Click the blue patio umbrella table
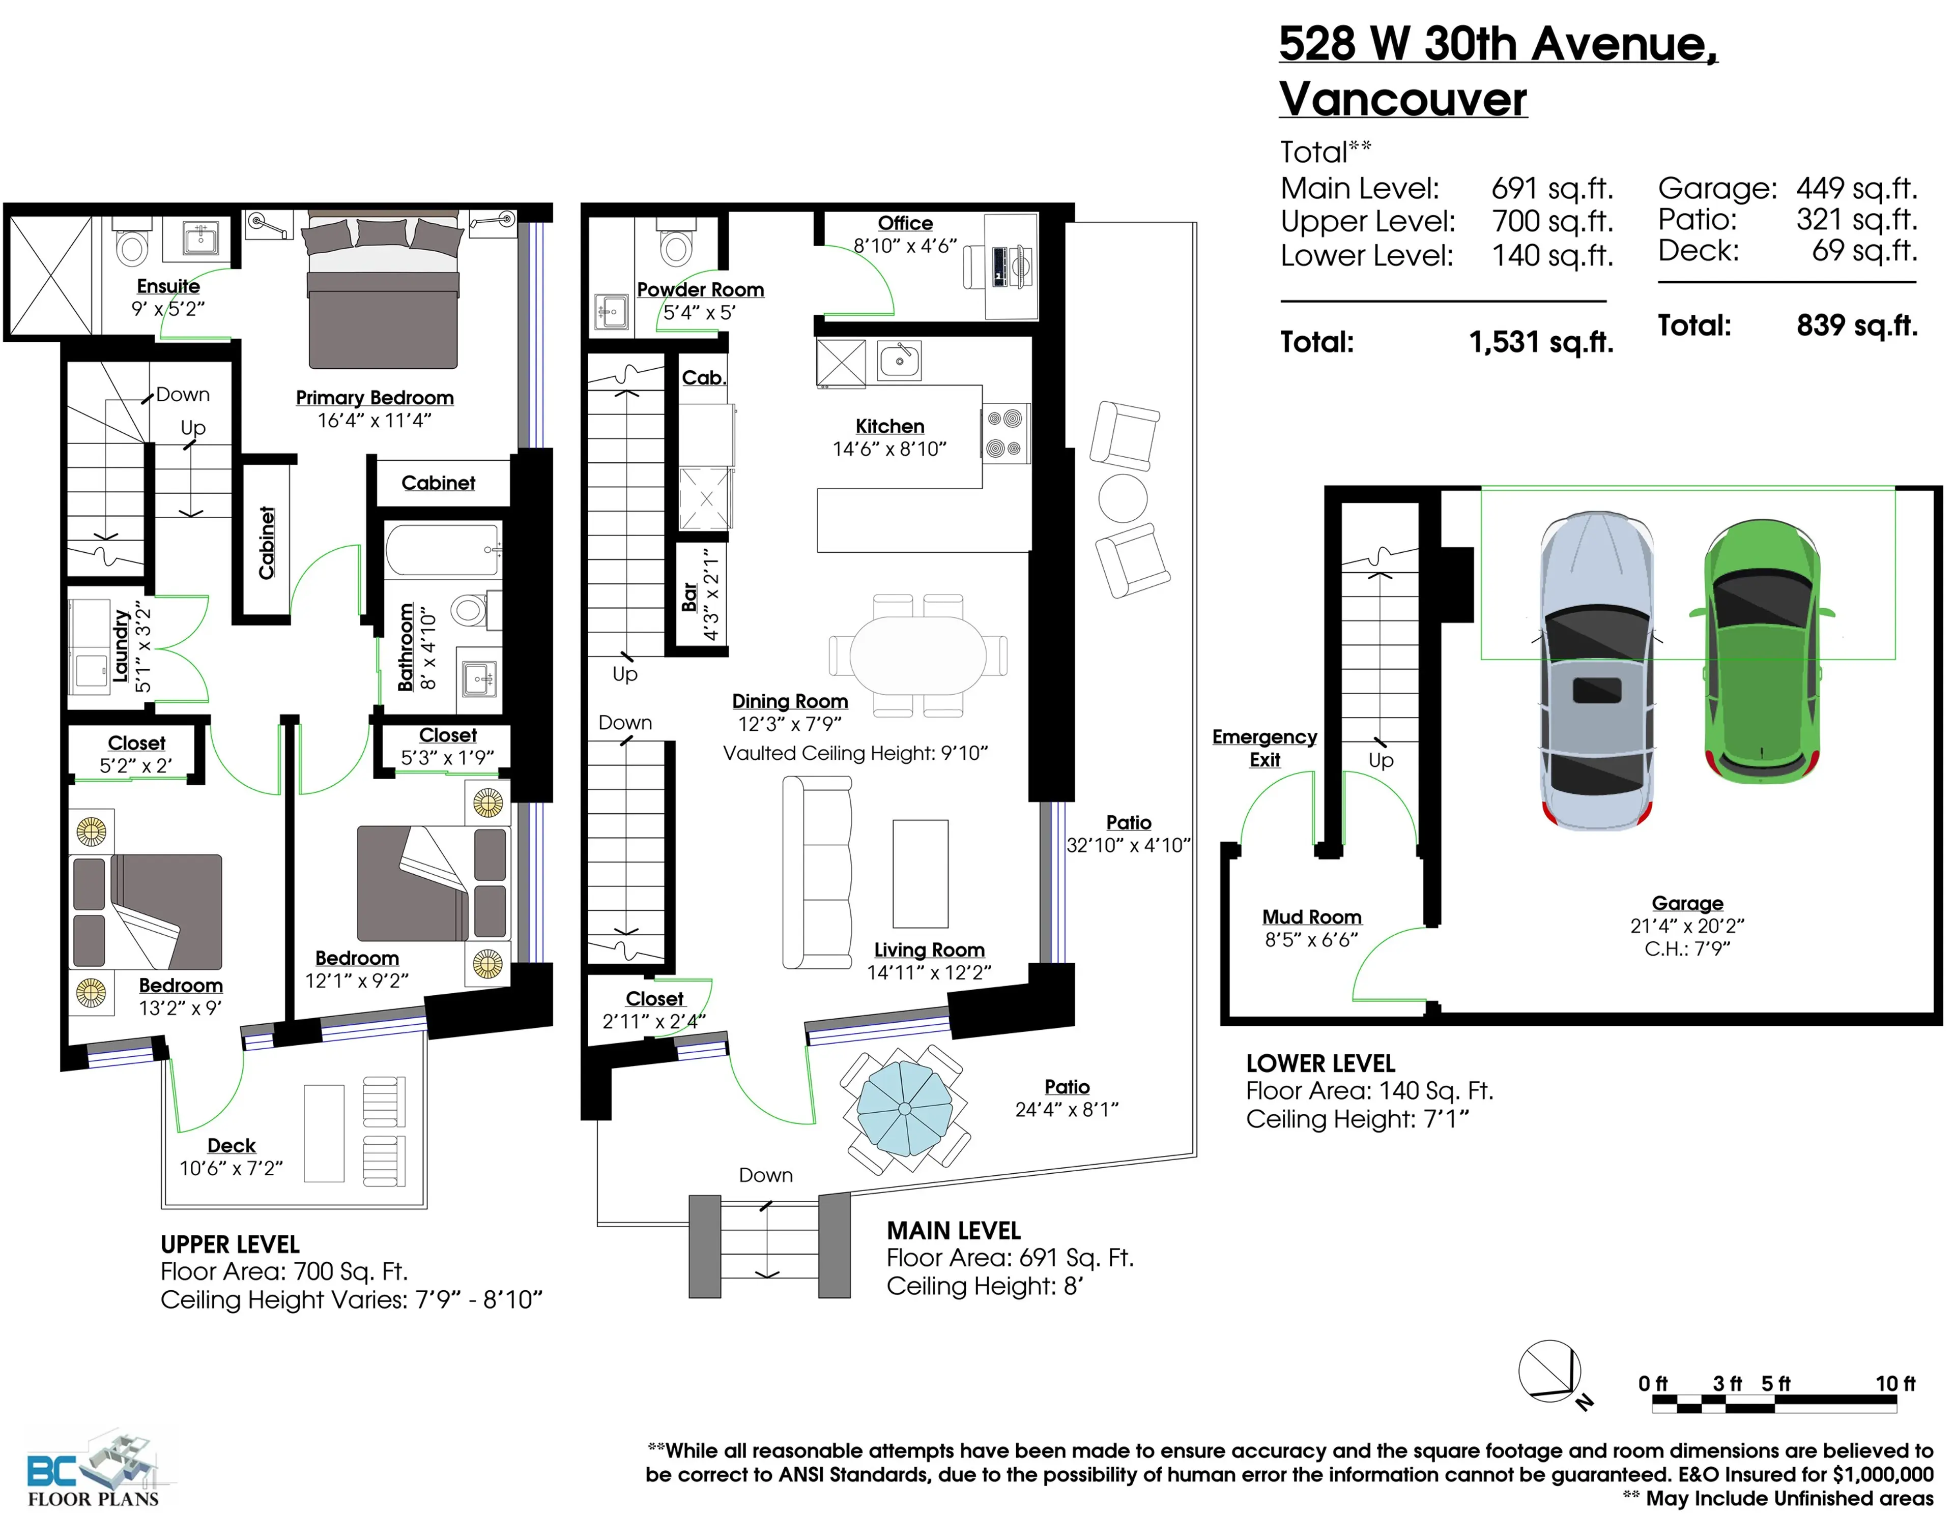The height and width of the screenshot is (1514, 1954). point(905,1109)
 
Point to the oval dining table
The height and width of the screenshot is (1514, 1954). point(918,656)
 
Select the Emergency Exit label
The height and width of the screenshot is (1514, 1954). point(1264,748)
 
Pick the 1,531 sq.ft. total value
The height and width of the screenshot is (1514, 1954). point(1541,342)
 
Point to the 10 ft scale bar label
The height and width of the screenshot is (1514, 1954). point(1895,1383)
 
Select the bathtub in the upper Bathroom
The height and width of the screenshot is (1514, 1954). point(442,549)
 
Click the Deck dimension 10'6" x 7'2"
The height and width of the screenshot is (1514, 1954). point(231,1168)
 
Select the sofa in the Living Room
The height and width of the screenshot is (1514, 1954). point(816,872)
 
